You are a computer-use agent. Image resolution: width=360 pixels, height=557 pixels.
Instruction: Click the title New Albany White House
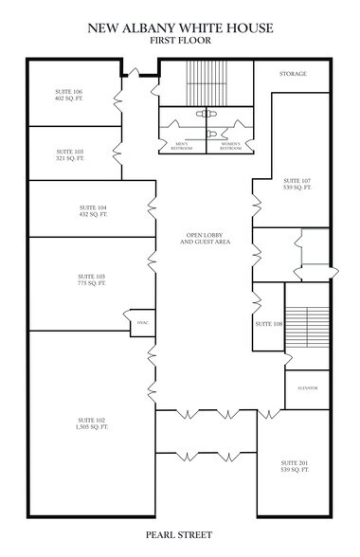(x=180, y=29)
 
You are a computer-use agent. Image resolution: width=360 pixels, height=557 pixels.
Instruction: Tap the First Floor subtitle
(x=180, y=43)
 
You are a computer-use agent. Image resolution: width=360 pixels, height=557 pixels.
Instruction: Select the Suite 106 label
(x=70, y=92)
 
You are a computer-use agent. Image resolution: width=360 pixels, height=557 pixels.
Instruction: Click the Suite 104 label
(x=93, y=207)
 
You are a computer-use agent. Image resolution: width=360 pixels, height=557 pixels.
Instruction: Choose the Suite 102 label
(x=93, y=419)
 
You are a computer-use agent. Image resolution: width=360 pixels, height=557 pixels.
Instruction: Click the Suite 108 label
(x=269, y=323)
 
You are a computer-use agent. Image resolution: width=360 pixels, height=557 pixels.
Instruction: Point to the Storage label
(x=293, y=73)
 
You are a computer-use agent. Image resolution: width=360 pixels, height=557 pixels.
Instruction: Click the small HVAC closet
(x=142, y=323)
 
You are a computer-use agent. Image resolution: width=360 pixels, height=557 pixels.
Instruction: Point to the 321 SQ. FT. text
(x=70, y=158)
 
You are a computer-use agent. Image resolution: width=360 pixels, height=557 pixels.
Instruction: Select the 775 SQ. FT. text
(x=93, y=282)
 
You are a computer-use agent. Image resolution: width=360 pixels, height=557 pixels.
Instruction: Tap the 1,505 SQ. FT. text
(x=93, y=426)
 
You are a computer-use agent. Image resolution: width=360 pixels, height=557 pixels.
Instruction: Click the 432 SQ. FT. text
(x=93, y=214)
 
